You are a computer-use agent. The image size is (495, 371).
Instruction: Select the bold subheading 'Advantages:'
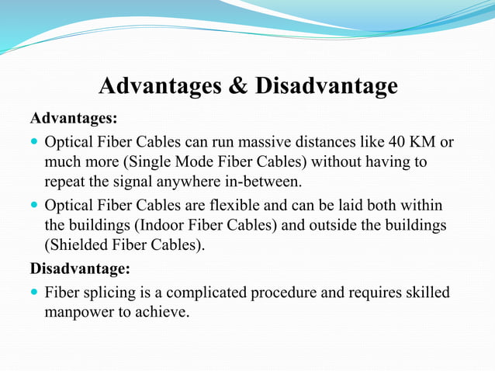74,119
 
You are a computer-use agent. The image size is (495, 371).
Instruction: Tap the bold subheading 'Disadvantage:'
80,269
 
